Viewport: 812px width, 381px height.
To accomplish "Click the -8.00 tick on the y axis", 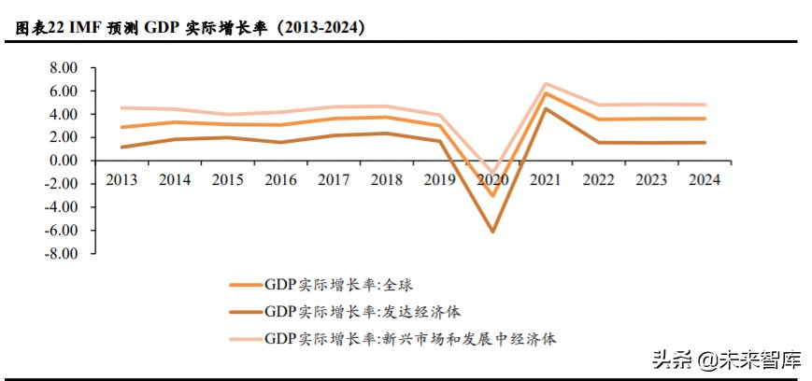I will (x=64, y=253).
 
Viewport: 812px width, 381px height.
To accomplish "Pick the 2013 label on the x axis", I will (x=122, y=180).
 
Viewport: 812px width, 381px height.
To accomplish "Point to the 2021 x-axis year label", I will (x=545, y=180).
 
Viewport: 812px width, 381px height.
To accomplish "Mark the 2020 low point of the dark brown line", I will (x=491, y=231).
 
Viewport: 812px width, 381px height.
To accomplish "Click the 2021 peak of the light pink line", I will (x=545, y=83).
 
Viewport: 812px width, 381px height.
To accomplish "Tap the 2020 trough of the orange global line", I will (x=491, y=195).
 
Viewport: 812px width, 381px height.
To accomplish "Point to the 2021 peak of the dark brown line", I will (x=545, y=108).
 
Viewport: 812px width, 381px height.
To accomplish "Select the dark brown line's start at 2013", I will (x=122, y=147).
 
